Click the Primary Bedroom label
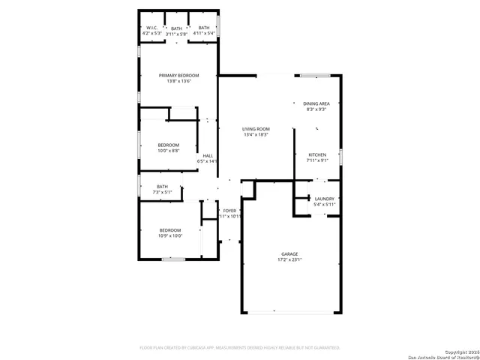[179, 76]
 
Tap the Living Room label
[255, 129]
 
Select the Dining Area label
[316, 103]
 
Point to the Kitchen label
[317, 154]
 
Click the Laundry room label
[325, 199]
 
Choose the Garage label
[290, 254]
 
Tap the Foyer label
[229, 211]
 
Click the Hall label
[208, 155]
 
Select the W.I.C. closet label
[151, 28]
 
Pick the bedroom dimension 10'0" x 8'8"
[168, 151]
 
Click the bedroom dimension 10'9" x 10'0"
[169, 236]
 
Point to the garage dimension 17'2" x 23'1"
[290, 260]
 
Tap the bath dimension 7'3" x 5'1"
[163, 193]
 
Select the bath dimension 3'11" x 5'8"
[176, 34]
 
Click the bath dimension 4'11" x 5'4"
[204, 34]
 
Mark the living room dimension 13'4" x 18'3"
[255, 135]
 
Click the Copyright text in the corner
[459, 351]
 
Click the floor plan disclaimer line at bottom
[240, 348]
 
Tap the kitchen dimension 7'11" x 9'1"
[317, 160]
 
